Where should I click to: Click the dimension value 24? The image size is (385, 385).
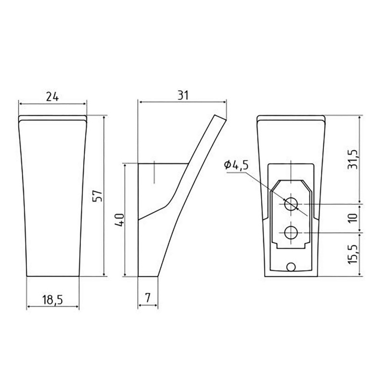point(52,96)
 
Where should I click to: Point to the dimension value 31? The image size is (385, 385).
point(182,95)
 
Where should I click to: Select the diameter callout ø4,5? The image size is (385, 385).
point(236,165)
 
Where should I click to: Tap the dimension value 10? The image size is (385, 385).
point(354,218)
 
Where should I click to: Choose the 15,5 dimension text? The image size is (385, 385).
point(354,254)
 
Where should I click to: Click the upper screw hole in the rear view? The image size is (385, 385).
point(291,204)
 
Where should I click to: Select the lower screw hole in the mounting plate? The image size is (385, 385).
point(291,233)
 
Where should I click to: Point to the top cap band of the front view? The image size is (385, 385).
point(52,118)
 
